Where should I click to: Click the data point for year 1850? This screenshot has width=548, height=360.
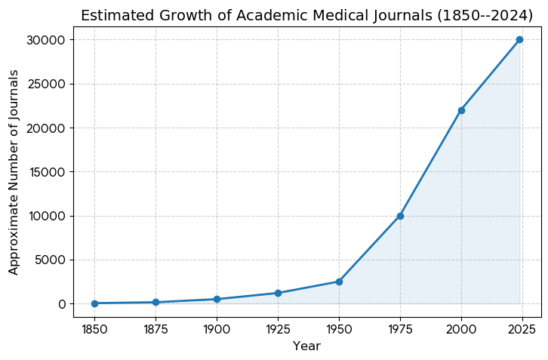point(94,303)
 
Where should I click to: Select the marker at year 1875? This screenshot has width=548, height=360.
point(155,302)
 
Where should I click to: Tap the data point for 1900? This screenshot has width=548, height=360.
point(217,299)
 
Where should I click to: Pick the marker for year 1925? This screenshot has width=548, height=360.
point(278,293)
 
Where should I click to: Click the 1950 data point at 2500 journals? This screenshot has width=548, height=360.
point(339,282)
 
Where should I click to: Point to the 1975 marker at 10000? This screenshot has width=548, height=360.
point(400,216)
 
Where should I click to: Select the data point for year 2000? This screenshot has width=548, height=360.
point(461,110)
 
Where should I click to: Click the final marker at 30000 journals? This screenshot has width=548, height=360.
point(519,39)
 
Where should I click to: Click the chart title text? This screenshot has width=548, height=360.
point(306,16)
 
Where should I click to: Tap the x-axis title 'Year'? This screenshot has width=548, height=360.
point(306,346)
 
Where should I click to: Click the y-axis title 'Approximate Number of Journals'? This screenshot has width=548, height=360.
point(14,172)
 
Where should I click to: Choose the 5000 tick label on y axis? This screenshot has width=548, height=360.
point(50,260)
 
